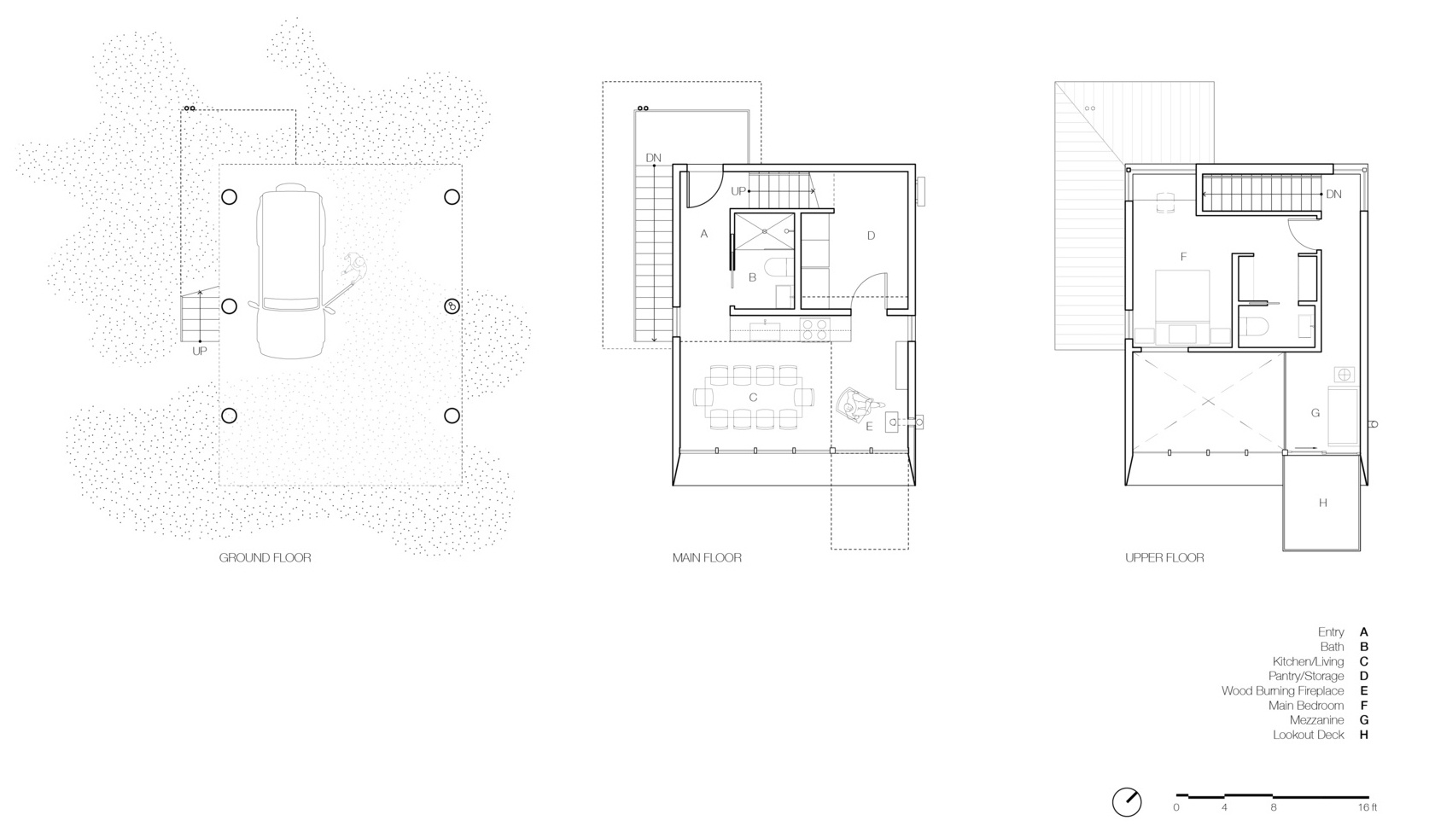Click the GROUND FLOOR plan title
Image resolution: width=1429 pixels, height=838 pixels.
(265, 558)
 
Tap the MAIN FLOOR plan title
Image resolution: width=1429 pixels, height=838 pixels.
(707, 558)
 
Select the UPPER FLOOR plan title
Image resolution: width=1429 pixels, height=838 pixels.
(1164, 558)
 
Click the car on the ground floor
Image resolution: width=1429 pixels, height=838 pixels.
(290, 272)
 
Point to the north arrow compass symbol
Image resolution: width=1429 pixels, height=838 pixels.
(1127, 802)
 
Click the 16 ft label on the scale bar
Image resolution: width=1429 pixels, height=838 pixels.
(1368, 807)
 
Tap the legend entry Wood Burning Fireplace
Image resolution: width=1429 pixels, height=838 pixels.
(1282, 691)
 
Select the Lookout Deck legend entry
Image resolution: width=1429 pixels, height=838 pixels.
(1308, 735)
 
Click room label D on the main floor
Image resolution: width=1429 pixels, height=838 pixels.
(871, 236)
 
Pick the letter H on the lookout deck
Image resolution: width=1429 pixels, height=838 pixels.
(1322, 503)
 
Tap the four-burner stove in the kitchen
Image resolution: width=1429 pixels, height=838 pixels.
(815, 328)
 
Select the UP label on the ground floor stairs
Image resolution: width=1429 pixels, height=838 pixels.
(199, 351)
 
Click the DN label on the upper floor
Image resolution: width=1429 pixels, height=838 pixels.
(1333, 195)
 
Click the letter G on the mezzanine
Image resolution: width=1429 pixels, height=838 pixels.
(1315, 413)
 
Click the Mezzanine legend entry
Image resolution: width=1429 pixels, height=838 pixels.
(1316, 720)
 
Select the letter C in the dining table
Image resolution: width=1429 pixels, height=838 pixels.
(753, 398)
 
